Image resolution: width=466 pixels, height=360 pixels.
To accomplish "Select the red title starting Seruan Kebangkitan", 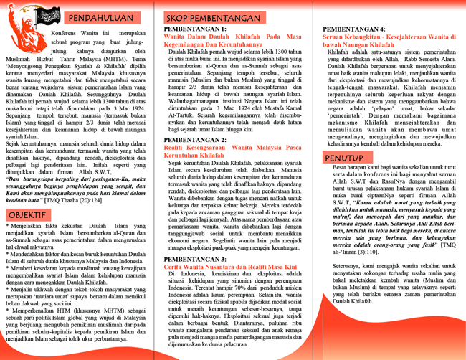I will pyautogui.click(x=386, y=37).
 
